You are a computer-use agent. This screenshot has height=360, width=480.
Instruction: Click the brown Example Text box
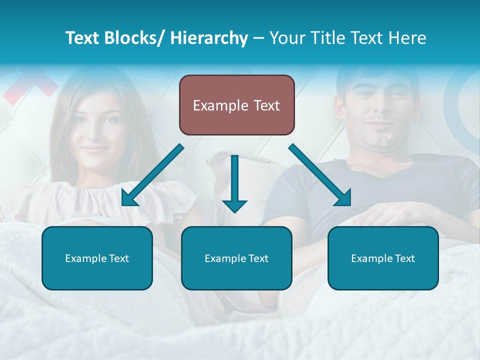click(x=236, y=105)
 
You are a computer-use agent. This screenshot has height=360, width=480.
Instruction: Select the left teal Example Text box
click(x=97, y=258)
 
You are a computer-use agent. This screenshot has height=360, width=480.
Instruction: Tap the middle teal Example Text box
click(x=236, y=258)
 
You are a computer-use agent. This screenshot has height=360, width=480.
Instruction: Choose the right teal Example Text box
click(x=383, y=258)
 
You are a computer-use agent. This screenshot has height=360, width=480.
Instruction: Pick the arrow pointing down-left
click(x=152, y=175)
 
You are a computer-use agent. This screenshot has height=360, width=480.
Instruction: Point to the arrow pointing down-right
click(x=320, y=175)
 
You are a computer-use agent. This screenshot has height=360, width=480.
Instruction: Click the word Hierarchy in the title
click(x=209, y=38)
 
